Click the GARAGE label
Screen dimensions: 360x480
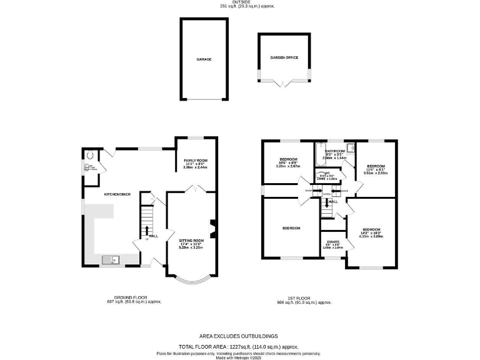204,59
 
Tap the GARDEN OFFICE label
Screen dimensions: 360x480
284,57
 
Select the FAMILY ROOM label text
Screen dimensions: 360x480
196,161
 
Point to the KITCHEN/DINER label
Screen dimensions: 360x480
116,194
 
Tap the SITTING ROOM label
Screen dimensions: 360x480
192,241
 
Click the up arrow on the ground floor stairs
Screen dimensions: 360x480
147,229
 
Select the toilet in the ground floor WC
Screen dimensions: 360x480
91,157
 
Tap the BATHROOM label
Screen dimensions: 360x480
335,151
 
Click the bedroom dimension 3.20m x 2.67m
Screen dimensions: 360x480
288,167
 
